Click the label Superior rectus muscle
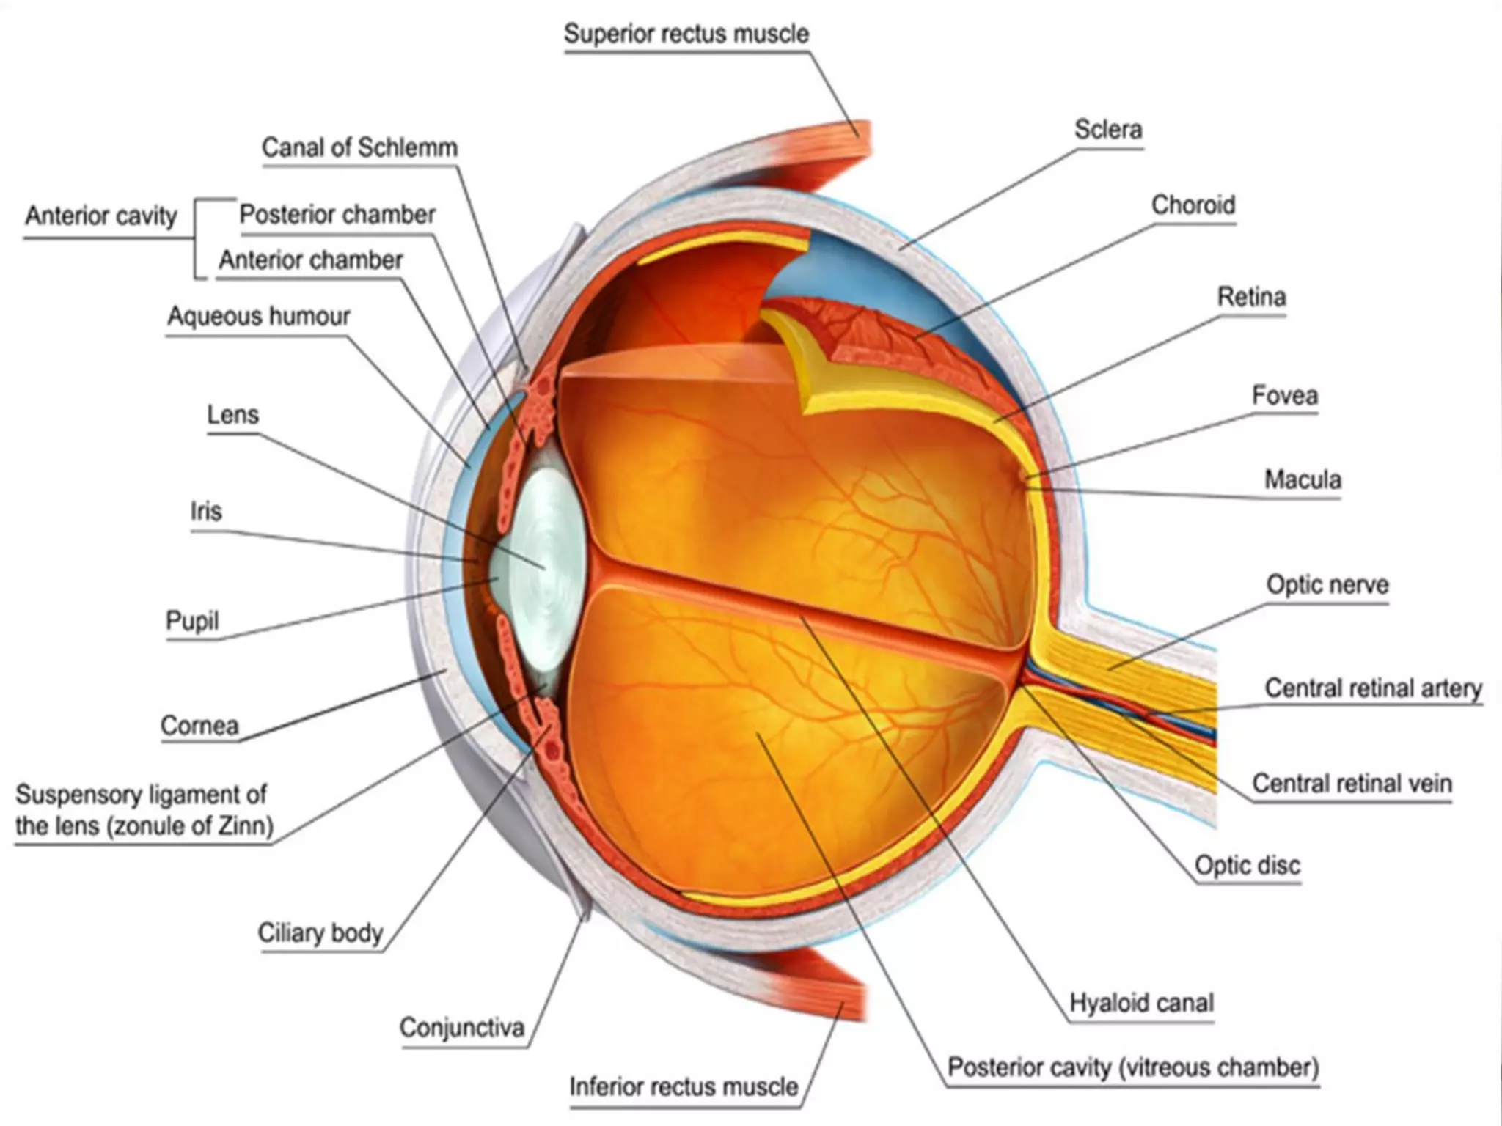point(686,34)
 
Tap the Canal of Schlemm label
point(359,148)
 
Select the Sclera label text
point(1108,130)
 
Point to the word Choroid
point(1193,205)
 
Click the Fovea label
point(1284,396)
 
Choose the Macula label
point(1303,480)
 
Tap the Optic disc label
point(1247,866)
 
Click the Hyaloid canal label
point(1141,1003)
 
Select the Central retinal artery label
point(1373,688)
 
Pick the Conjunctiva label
point(462,1028)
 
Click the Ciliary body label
point(320,933)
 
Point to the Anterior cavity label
point(101,216)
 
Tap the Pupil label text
point(192,621)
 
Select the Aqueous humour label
point(259,317)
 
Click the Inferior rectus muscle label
point(684,1086)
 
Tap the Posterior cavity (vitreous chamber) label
point(1133,1067)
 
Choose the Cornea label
point(199,726)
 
